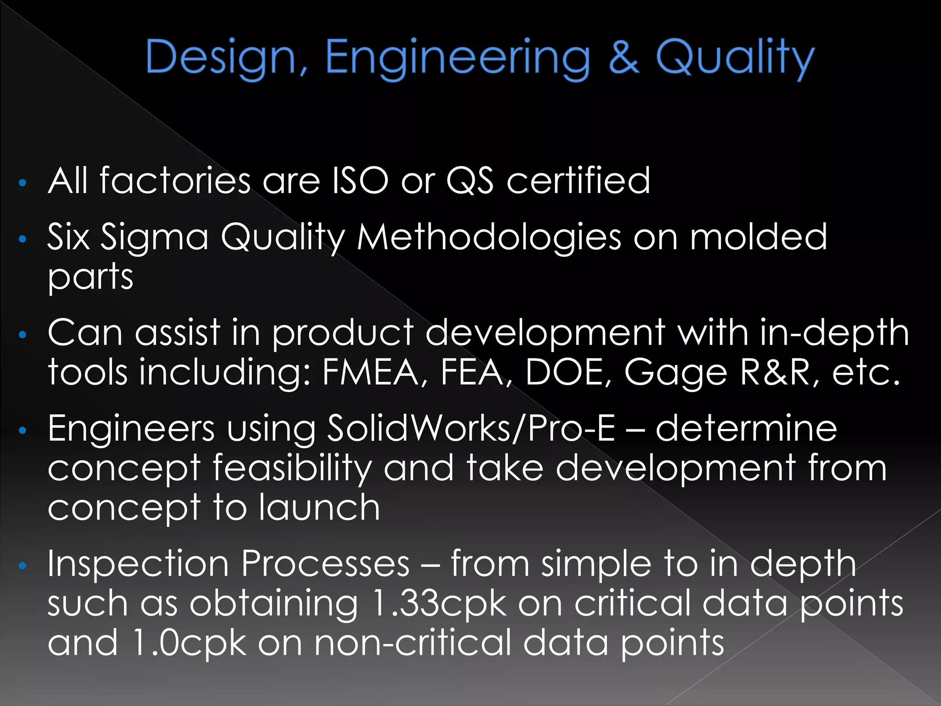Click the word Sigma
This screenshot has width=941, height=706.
[154, 238]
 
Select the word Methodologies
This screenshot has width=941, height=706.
[488, 238]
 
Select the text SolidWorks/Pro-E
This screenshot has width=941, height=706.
[470, 428]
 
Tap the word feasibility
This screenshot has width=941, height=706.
[292, 468]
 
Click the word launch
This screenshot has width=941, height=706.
[319, 507]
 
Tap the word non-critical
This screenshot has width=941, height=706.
[412, 643]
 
